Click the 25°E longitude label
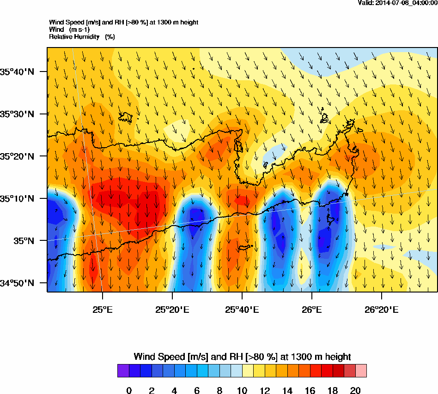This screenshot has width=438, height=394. (102, 309)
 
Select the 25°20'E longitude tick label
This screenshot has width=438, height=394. (172, 309)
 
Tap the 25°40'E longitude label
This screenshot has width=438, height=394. (242, 309)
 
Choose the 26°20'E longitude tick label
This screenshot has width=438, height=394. (382, 309)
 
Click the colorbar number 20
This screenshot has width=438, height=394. (355, 391)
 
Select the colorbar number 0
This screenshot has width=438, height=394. (129, 391)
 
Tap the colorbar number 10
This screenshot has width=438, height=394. (242, 391)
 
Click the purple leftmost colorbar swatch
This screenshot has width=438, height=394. (123, 370)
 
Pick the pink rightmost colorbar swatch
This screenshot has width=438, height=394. (360, 370)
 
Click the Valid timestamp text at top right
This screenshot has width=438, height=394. (398, 3)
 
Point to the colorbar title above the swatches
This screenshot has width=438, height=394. (242, 357)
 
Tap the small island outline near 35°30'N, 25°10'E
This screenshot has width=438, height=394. (126, 118)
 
